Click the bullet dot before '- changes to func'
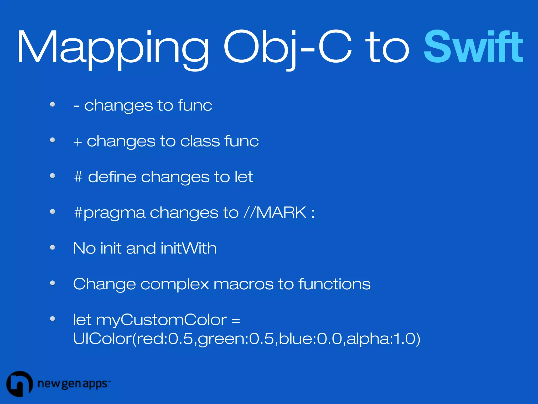click(53, 104)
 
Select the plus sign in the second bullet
click(78, 142)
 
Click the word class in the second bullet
click(200, 141)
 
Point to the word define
click(112, 176)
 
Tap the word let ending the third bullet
click(244, 176)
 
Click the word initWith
click(189, 248)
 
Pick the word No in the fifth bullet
click(84, 248)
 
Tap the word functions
click(334, 284)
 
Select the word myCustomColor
click(161, 320)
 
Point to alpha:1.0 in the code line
click(383, 339)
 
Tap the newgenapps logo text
click(73, 384)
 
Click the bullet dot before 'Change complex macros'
click(53, 283)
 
